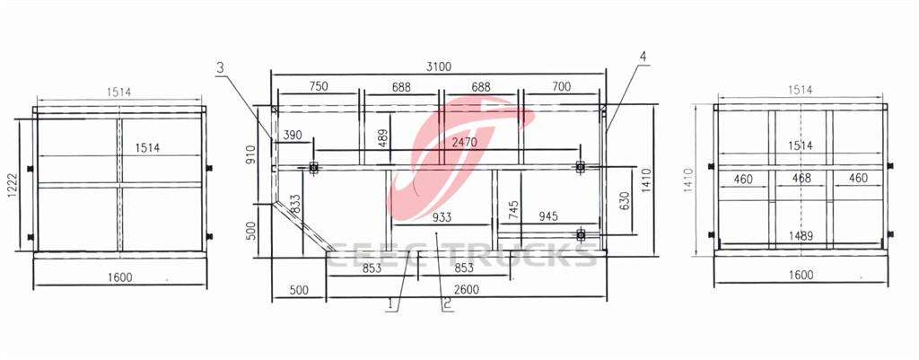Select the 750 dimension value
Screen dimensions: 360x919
coord(318,86)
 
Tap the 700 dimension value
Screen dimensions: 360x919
coord(561,86)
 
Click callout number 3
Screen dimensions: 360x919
coord(220,66)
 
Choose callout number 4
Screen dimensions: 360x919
coord(643,57)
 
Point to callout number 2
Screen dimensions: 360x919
coord(445,303)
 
